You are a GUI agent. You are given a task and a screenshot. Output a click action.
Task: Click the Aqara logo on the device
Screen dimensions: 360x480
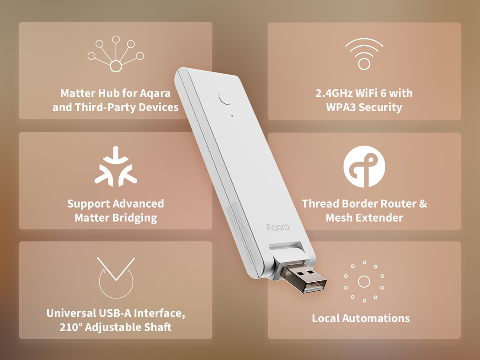click(x=278, y=228)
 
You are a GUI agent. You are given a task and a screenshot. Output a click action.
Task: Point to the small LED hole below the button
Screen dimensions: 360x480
click(x=232, y=116)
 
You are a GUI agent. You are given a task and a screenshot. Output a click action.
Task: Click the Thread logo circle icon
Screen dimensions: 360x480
click(x=364, y=167)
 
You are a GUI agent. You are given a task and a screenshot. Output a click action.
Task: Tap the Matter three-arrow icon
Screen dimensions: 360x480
click(x=116, y=166)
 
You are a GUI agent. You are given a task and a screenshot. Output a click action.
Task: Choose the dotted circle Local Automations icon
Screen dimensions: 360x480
click(x=364, y=281)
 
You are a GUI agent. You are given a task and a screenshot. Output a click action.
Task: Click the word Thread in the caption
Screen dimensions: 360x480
click(x=320, y=204)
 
